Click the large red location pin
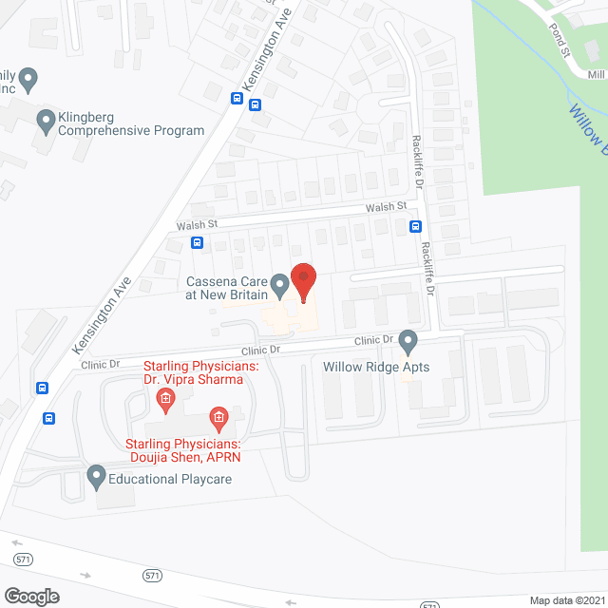click(x=303, y=282)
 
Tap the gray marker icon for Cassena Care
click(x=279, y=284)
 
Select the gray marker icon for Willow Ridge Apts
click(x=408, y=340)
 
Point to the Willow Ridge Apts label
click(x=376, y=367)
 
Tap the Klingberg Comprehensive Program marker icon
click(x=45, y=120)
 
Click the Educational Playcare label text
click(x=169, y=479)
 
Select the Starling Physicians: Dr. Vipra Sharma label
click(x=194, y=372)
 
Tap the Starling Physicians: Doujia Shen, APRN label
click(x=183, y=450)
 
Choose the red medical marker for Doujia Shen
click(x=218, y=417)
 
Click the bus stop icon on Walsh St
click(x=197, y=242)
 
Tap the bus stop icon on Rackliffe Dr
click(x=415, y=226)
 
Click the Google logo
click(x=30, y=596)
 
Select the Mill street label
click(x=596, y=74)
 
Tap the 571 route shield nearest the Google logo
click(x=24, y=560)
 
